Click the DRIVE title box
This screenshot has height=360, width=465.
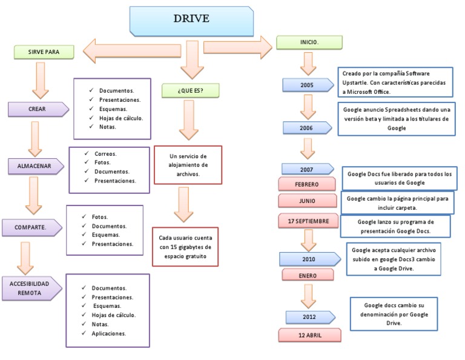coord(191,19)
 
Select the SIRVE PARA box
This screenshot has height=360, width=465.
coord(44,52)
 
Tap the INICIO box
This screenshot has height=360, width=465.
coord(309,42)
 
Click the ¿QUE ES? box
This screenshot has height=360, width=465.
coord(190,90)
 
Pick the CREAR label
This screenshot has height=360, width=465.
coord(37,110)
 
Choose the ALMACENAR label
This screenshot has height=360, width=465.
coord(37,167)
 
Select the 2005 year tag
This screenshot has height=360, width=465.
coord(307,85)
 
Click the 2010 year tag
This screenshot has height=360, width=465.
coord(308,259)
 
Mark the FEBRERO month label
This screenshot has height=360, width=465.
coord(306,184)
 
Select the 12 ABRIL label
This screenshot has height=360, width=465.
coord(309,335)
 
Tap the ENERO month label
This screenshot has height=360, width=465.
coord(308,275)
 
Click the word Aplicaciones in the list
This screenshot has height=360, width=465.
coord(109,333)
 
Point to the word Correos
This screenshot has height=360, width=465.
coord(105,154)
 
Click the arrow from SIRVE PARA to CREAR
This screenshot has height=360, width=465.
coord(40,80)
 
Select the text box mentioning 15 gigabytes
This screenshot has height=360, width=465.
coord(185,247)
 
